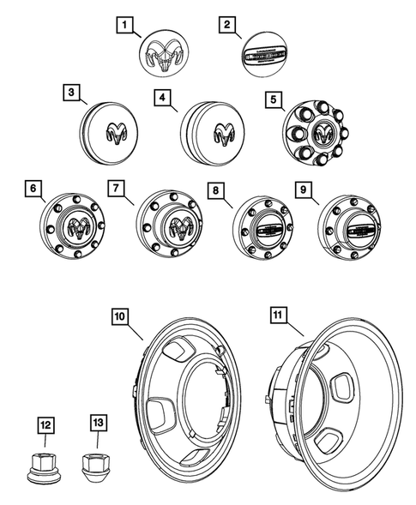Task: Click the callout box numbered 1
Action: (x=127, y=27)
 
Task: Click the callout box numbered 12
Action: (x=45, y=423)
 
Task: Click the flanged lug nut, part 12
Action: (x=45, y=466)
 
